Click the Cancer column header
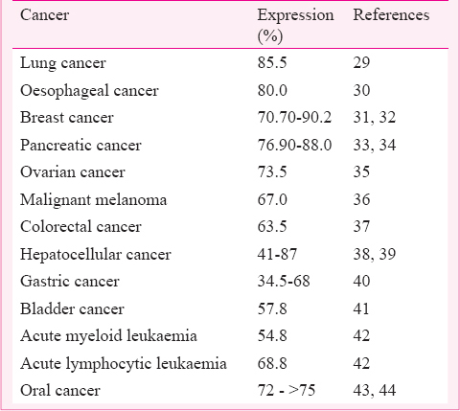click(44, 15)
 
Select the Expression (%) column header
click(295, 25)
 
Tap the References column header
click(391, 15)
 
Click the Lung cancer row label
click(63, 63)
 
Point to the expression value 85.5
click(272, 62)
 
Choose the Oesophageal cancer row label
click(89, 91)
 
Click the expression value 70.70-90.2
click(294, 118)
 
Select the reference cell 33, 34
click(375, 145)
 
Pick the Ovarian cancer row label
click(73, 172)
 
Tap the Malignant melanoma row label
click(93, 200)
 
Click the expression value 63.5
click(272, 226)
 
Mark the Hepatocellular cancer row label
click(96, 255)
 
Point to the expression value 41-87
click(277, 254)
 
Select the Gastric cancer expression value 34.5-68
click(284, 281)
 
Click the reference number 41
click(361, 308)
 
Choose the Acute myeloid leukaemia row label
click(108, 336)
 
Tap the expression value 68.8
click(272, 363)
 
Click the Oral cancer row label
click(60, 391)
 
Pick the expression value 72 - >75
click(287, 390)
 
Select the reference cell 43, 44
click(375, 391)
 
